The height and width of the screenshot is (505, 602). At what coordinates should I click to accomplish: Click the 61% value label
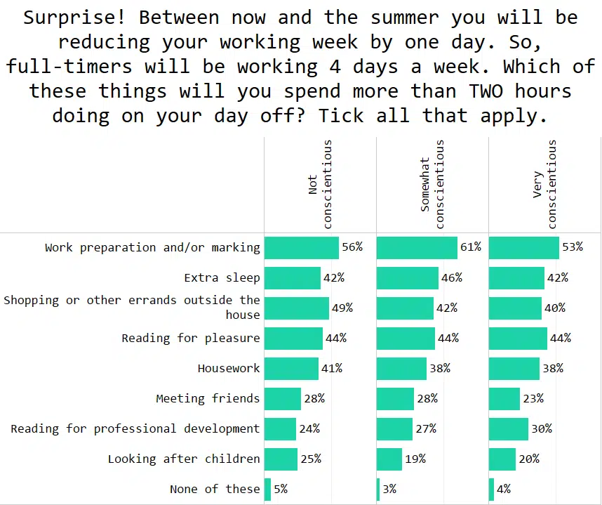click(471, 247)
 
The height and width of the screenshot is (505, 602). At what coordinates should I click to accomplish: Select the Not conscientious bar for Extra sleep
click(292, 278)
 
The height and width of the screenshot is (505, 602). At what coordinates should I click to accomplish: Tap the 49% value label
click(342, 308)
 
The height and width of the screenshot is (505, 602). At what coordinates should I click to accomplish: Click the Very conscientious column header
click(544, 185)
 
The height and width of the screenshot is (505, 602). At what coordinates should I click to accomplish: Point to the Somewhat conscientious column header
click(432, 185)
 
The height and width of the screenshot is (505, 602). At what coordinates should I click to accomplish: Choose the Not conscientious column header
click(320, 185)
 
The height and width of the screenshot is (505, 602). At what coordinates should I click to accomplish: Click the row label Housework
click(229, 368)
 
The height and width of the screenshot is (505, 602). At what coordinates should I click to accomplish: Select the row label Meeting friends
click(208, 398)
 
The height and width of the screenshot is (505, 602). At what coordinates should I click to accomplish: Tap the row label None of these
click(215, 490)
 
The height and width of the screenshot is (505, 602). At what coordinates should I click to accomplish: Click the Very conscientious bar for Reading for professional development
click(508, 429)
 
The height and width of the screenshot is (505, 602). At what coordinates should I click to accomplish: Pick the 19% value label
click(415, 459)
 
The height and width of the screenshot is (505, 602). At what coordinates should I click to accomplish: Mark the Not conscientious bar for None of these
click(267, 490)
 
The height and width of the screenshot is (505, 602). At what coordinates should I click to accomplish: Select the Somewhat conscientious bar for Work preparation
click(417, 248)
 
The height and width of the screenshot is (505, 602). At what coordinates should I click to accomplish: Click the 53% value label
click(573, 247)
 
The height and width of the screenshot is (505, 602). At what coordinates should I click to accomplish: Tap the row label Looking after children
click(184, 459)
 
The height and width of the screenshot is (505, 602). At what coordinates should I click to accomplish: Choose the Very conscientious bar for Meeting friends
click(504, 399)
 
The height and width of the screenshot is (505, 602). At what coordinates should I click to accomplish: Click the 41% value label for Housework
click(332, 368)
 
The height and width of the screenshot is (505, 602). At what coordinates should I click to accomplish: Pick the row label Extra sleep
click(222, 278)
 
